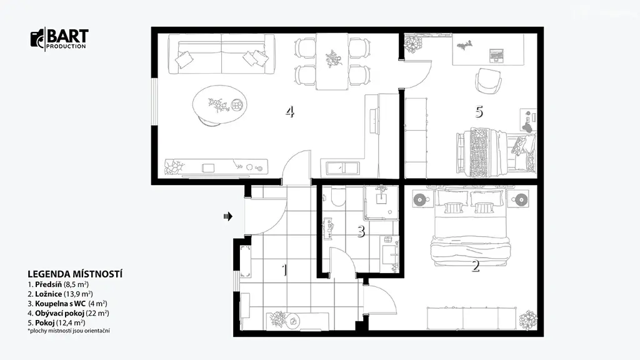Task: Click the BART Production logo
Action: click(59, 39)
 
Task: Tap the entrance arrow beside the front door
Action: click(227, 216)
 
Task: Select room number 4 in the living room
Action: click(290, 111)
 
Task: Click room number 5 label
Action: click(479, 111)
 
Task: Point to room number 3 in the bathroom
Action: click(361, 231)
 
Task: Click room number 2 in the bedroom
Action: click(476, 266)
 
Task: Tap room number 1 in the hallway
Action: click(284, 270)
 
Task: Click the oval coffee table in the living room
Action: click(219, 104)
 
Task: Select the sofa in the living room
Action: click(221, 54)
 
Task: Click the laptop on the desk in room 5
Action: click(496, 55)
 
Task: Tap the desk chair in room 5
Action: click(488, 81)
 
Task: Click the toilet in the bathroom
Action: click(338, 197)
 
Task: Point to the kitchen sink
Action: click(343, 167)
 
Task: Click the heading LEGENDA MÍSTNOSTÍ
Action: click(75, 274)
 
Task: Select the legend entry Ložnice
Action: click(60, 294)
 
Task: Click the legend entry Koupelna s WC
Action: click(67, 304)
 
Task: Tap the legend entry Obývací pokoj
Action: click(68, 314)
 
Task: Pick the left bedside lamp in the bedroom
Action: click(420, 200)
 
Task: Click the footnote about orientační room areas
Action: click(69, 331)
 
